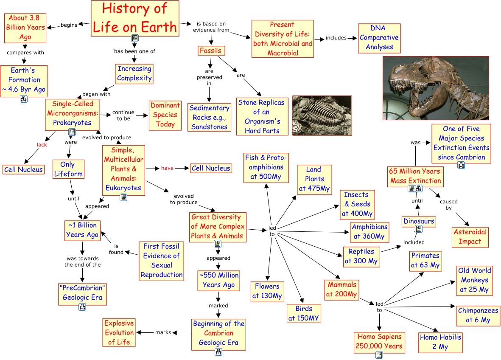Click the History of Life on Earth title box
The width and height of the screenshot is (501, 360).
click(x=135, y=18)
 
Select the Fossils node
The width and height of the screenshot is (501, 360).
click(x=211, y=51)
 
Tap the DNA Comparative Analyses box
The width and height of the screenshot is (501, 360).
click(x=379, y=38)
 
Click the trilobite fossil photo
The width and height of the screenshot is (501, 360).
click(x=322, y=115)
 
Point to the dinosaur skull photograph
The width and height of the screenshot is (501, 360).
click(x=436, y=88)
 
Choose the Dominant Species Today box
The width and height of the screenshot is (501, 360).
click(x=165, y=115)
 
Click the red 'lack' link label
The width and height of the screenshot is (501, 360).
click(x=42, y=145)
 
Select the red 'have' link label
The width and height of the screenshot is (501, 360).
click(x=167, y=168)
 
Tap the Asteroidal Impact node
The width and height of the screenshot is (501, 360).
click(x=470, y=237)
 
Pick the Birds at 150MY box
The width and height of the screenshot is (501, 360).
click(x=304, y=314)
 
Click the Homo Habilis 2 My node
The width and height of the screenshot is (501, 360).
click(x=440, y=342)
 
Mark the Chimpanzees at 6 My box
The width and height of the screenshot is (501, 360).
click(x=478, y=315)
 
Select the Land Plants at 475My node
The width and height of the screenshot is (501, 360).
click(x=314, y=179)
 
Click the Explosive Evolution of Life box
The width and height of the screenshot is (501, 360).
click(x=119, y=332)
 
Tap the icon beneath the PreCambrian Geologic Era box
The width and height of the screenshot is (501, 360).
click(x=82, y=307)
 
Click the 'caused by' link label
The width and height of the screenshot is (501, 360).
click(x=448, y=205)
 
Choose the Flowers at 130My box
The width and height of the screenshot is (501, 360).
click(x=267, y=291)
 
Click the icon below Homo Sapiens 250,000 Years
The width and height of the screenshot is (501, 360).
click(x=379, y=354)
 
